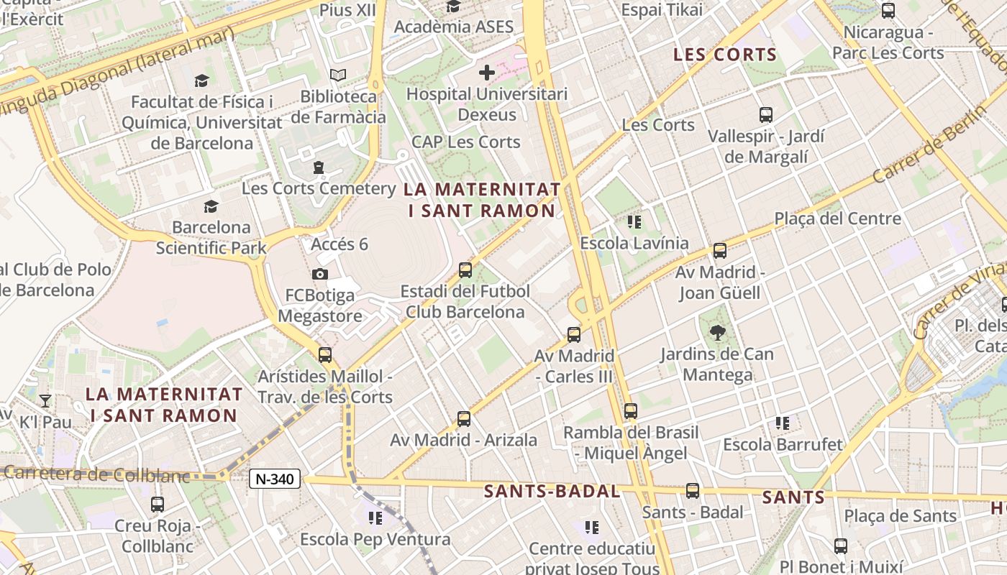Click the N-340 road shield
point(275,479)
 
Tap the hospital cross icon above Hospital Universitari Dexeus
point(487,72)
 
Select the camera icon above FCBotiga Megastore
point(320,274)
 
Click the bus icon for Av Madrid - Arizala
point(464,418)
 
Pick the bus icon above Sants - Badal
point(692,491)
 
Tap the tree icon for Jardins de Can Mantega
point(717,332)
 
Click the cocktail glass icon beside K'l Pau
point(45,400)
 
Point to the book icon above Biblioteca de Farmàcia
point(338,75)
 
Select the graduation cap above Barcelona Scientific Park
point(211,207)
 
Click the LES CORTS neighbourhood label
point(725,55)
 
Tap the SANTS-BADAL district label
point(552,492)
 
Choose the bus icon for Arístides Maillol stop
point(325,354)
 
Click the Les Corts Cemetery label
point(319,188)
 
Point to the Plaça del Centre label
point(837,218)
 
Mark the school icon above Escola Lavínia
point(634,221)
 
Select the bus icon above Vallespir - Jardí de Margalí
point(766,114)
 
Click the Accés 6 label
point(340,244)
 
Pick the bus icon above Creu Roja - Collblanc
point(158,504)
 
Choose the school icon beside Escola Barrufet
point(782,423)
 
